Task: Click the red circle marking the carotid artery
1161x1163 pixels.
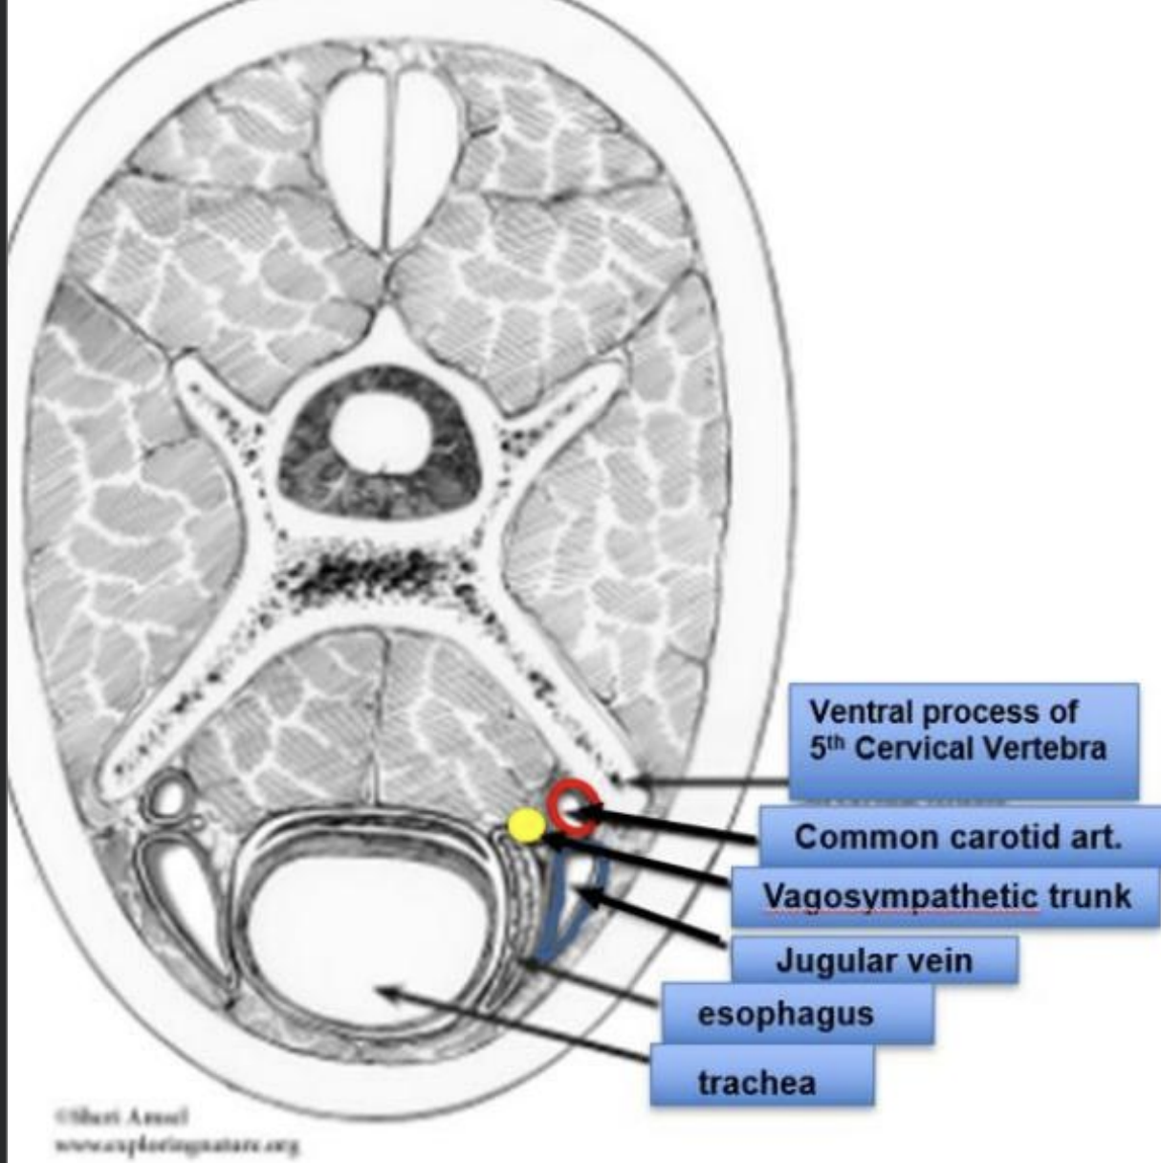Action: pyautogui.click(x=573, y=807)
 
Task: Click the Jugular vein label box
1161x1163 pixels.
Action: pyautogui.click(x=873, y=959)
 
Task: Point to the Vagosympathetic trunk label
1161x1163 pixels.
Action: pyautogui.click(x=945, y=897)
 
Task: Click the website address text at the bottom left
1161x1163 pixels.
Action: pyautogui.click(x=177, y=1143)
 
